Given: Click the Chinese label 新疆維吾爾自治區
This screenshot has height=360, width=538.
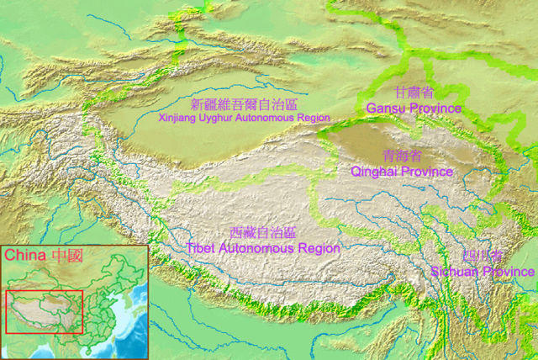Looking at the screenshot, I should click(x=245, y=104).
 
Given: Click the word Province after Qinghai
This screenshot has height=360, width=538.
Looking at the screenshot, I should click(x=426, y=172).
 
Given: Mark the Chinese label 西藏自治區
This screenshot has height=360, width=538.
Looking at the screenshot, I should click(x=263, y=232).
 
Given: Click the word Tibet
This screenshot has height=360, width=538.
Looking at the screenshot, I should click(x=203, y=248).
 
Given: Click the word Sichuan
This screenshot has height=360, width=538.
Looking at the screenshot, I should click(x=455, y=272).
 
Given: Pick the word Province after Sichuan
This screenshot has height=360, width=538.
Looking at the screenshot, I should click(x=509, y=272).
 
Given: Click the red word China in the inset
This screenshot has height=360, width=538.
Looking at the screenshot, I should click(x=24, y=255).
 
